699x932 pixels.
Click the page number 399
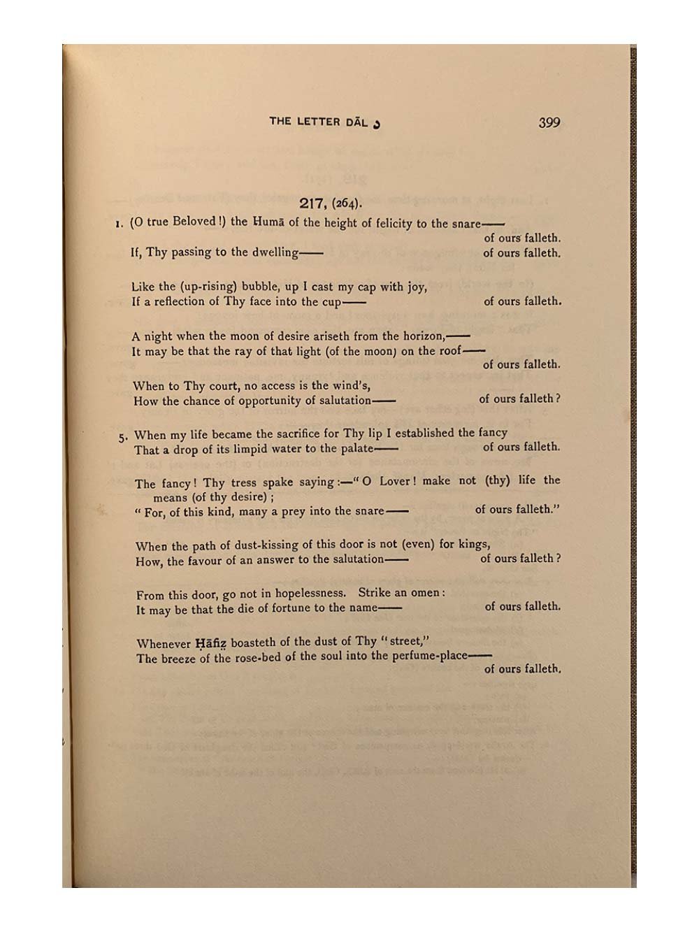pyautogui.click(x=549, y=122)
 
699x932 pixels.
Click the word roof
pyautogui.click(x=448, y=351)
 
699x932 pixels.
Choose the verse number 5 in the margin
pyautogui.click(x=122, y=438)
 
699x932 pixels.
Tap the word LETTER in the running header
pyautogui.click(x=318, y=122)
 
